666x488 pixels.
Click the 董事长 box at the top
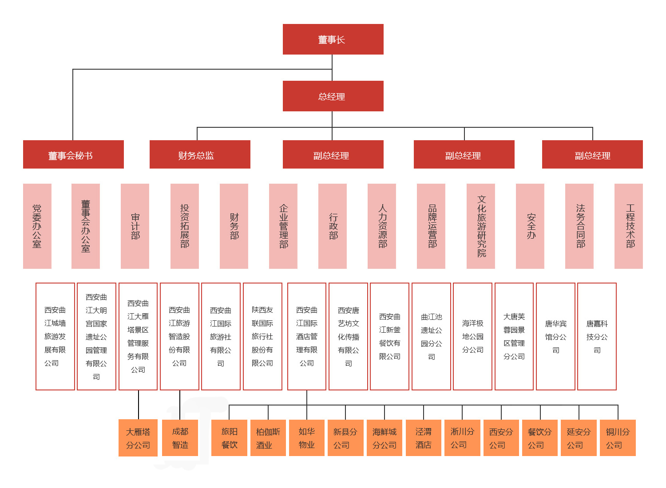pos(333,39)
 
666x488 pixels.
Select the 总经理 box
pos(333,96)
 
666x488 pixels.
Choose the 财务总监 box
pos(200,155)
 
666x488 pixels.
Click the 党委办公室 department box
pos(37,226)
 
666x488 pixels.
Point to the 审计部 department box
pos(135,226)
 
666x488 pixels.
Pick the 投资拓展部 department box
pos(185,226)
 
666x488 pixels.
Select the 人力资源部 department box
pos(382,226)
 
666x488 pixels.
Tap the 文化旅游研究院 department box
pos(481,226)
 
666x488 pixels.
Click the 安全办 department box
pos(530,226)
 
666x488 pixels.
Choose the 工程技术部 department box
pos(629,226)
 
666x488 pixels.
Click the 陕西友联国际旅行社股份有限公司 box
pos(262,337)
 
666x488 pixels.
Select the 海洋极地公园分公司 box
pos(473,337)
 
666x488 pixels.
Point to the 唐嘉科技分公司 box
pos(597,337)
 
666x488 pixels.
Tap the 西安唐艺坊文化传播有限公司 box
pos(349,337)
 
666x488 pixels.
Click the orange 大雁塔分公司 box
pos(138,438)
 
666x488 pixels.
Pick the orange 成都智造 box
pos(180,438)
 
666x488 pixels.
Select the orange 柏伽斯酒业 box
pos(268,438)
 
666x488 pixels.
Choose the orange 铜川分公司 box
pos(618,438)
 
